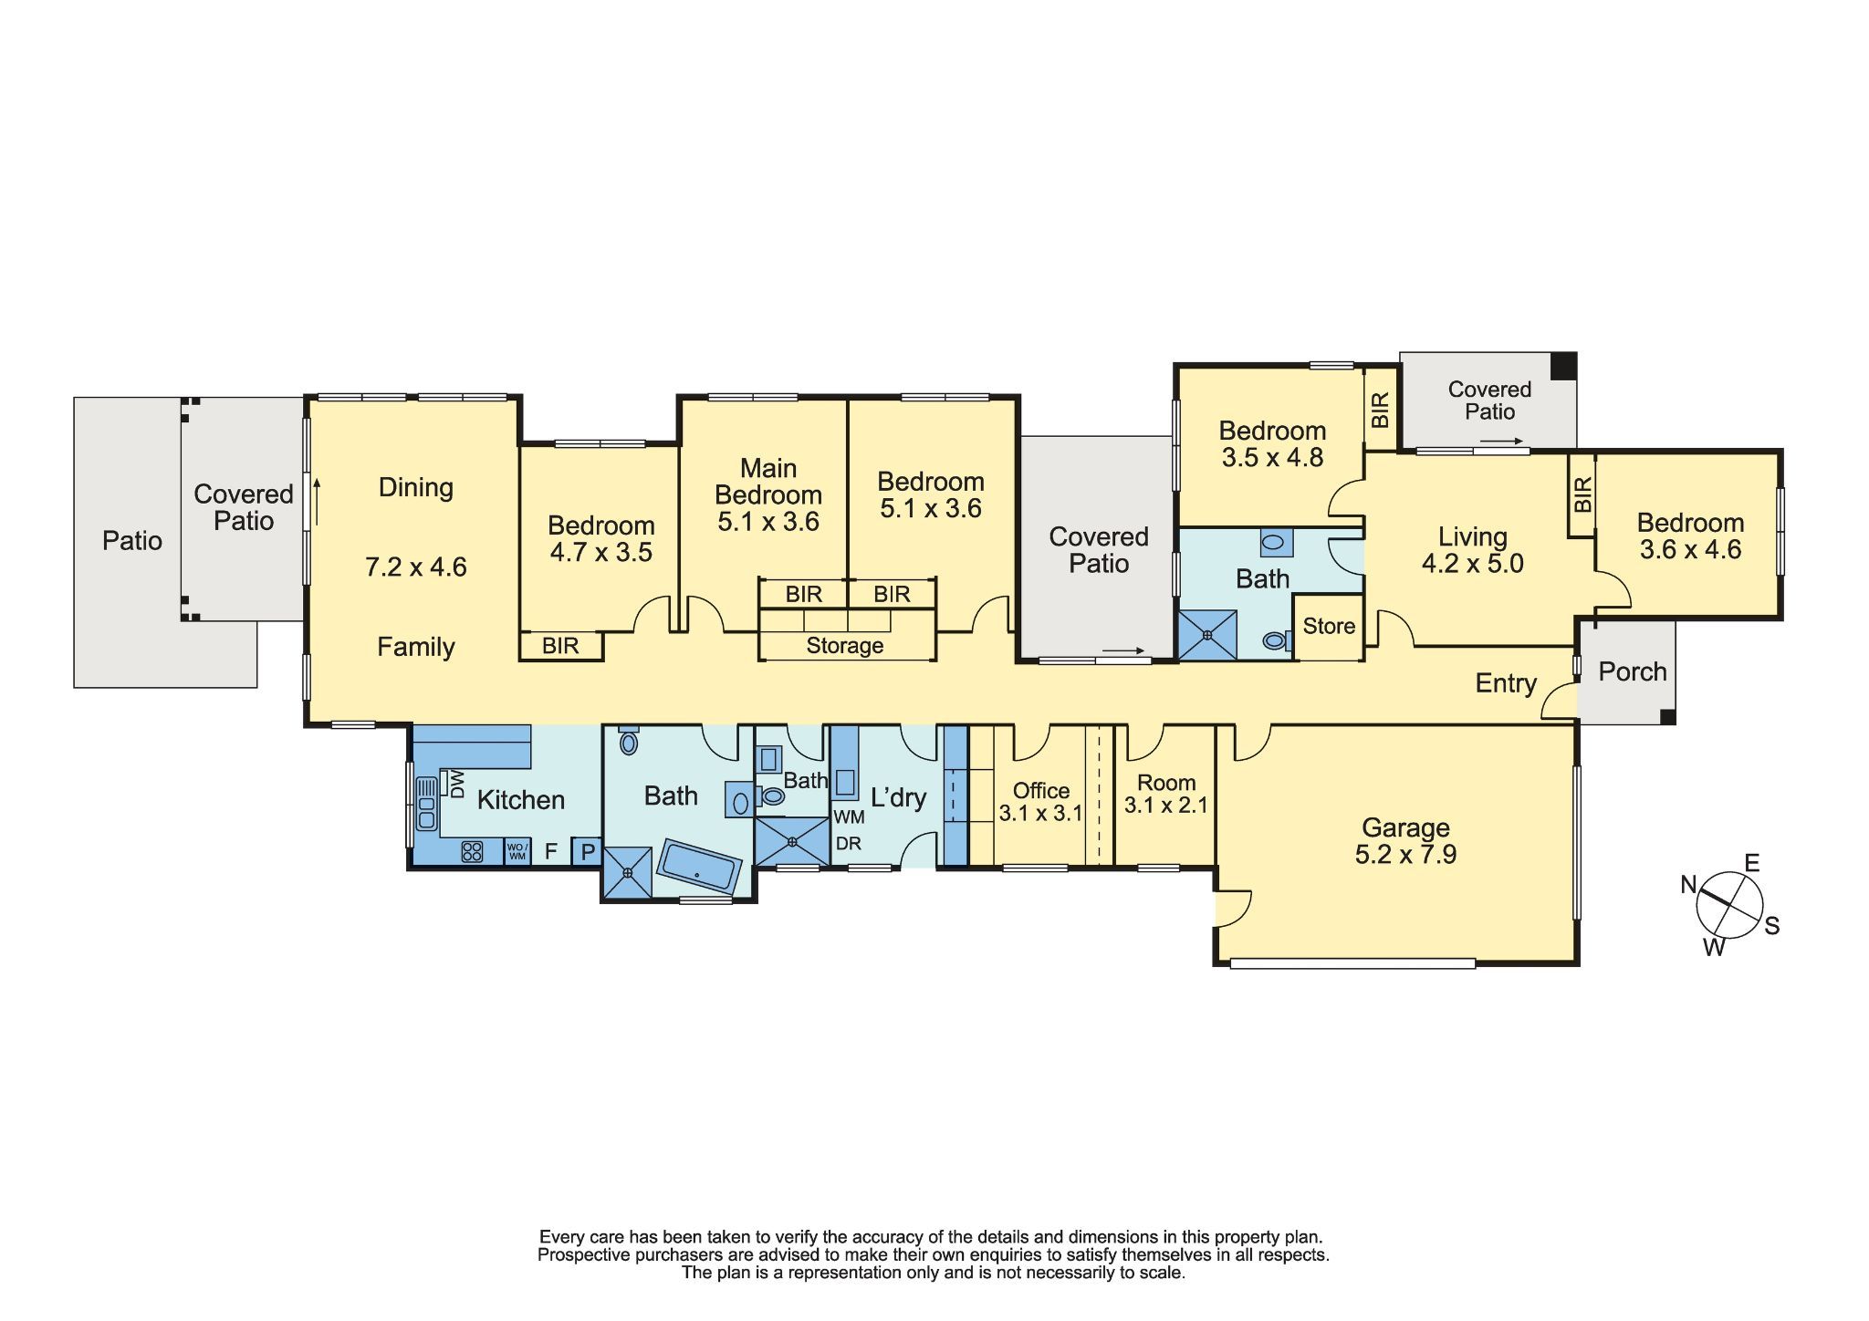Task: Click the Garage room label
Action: tap(1405, 828)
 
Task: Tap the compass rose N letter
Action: tap(1688, 883)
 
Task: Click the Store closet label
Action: tap(1329, 626)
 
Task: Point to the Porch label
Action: tap(1633, 671)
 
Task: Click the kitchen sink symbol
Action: tap(426, 802)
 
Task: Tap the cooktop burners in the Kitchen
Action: tap(472, 851)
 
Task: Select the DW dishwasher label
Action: tap(456, 784)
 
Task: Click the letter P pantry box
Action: tap(588, 852)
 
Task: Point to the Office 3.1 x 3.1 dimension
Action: tap(1040, 813)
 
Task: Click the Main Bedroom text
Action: tap(768, 482)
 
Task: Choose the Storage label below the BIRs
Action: tap(845, 646)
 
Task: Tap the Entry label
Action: tap(1506, 682)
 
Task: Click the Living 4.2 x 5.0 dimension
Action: tap(1472, 564)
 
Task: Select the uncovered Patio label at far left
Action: tap(132, 541)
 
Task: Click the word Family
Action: tap(416, 647)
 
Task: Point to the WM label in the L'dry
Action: tap(849, 817)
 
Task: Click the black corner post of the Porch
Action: tap(1666, 717)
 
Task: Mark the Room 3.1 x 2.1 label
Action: tap(1166, 794)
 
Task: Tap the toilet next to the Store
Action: tap(1275, 641)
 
